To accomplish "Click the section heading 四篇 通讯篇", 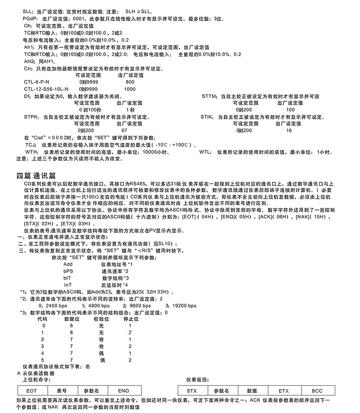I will (x=36, y=175).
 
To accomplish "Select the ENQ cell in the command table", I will (x=123, y=391).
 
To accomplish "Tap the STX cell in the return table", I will (x=191, y=391).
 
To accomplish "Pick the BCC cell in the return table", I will (x=317, y=391).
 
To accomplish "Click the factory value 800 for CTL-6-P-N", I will (x=130, y=82).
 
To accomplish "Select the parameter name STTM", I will (x=209, y=96).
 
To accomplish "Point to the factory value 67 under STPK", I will (x=124, y=130).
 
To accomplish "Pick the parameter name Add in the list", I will (x=68, y=264).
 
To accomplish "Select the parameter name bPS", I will (x=68, y=271).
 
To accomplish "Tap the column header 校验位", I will (x=101, y=319).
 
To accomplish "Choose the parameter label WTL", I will (x=205, y=152).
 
